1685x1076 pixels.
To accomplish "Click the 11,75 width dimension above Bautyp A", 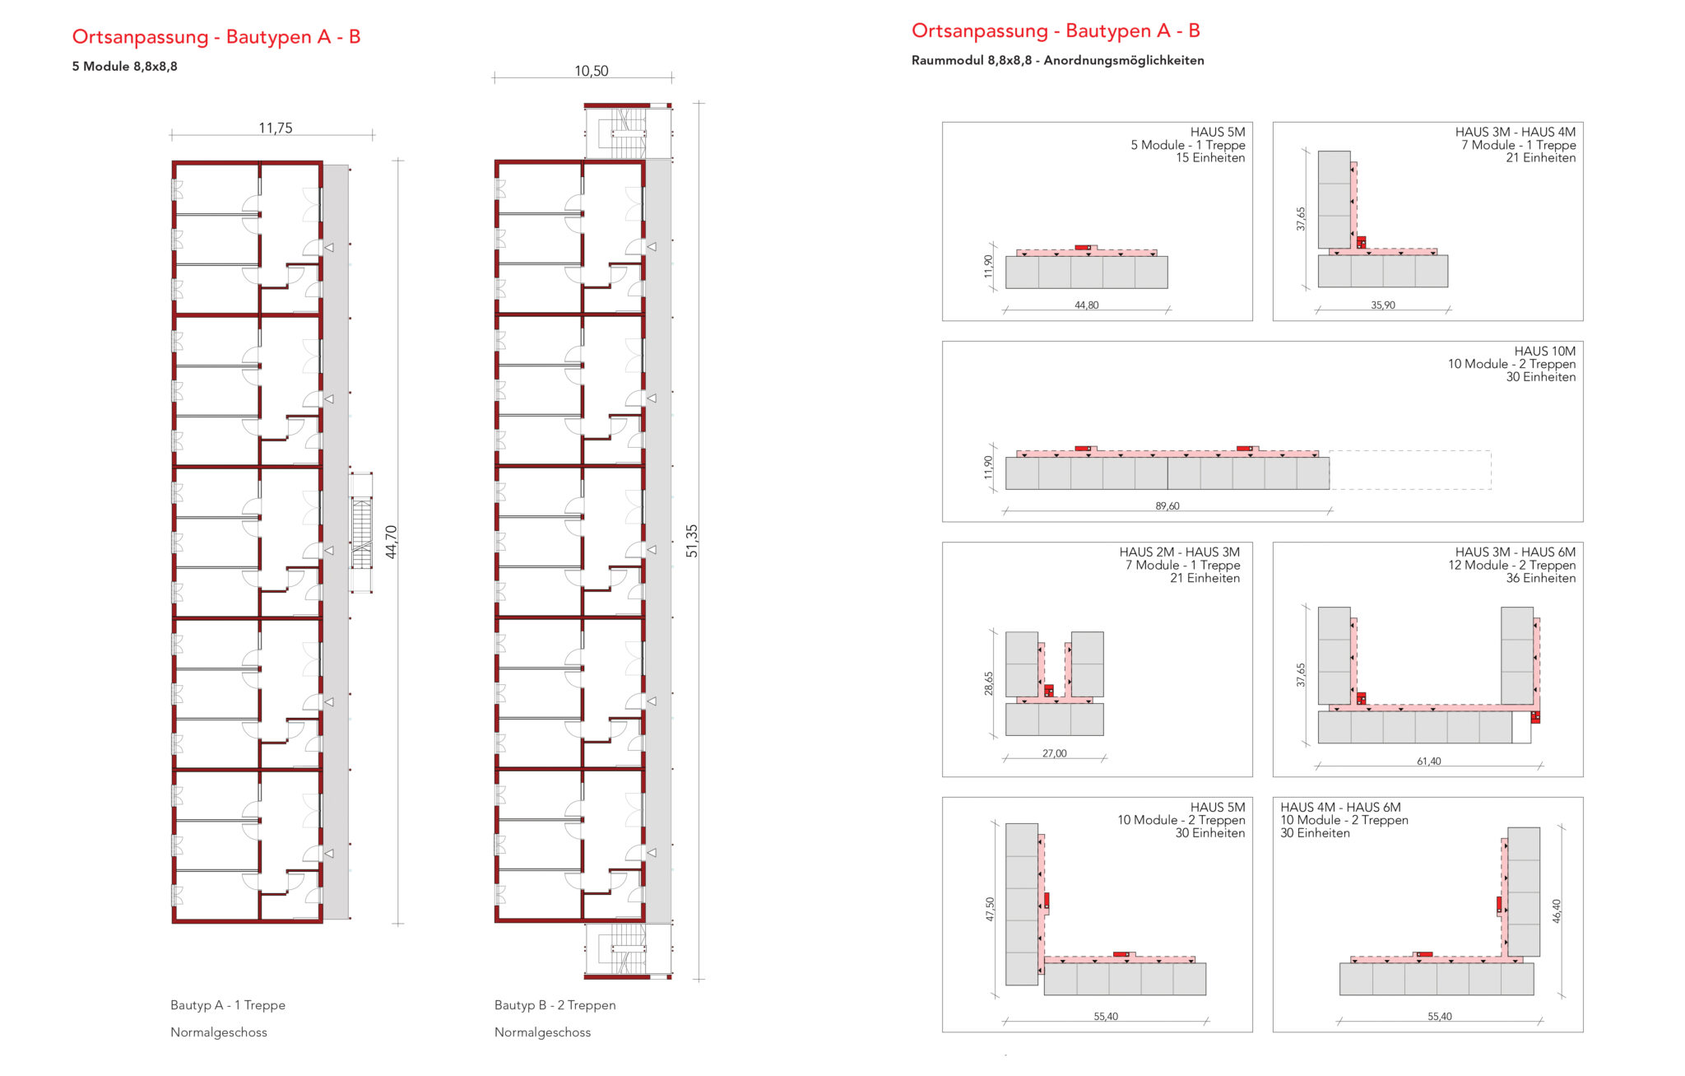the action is (275, 128).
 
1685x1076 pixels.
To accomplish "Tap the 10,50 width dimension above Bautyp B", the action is (591, 71).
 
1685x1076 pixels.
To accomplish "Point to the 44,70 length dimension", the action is (391, 542).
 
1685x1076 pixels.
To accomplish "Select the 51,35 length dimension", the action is (691, 541).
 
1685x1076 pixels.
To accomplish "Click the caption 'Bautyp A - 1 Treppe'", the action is (228, 1005).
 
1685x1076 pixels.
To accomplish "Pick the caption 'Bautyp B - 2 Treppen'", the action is (555, 1005).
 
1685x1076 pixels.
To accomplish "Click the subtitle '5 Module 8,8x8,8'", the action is (124, 67).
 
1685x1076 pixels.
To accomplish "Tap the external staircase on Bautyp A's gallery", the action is (361, 532).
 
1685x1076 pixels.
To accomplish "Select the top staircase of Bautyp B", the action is (628, 131).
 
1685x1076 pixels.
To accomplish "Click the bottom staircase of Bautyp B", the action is (628, 951).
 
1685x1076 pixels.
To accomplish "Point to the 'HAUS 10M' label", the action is (1544, 352).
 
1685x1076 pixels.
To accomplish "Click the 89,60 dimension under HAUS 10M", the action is (1167, 506).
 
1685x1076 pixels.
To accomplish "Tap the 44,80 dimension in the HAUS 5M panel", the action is (1086, 305).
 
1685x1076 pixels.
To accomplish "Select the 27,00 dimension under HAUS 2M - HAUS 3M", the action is (1054, 753).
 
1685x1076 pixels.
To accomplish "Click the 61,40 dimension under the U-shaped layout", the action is (1428, 762).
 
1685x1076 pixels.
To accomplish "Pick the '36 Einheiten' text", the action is (1540, 579).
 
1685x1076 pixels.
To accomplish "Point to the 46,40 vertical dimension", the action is (1556, 911).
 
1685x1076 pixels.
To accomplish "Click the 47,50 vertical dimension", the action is (990, 909).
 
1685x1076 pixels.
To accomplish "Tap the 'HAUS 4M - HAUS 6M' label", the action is (1340, 808).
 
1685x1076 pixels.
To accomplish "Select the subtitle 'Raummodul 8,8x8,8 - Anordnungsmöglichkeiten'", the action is (1057, 60).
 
